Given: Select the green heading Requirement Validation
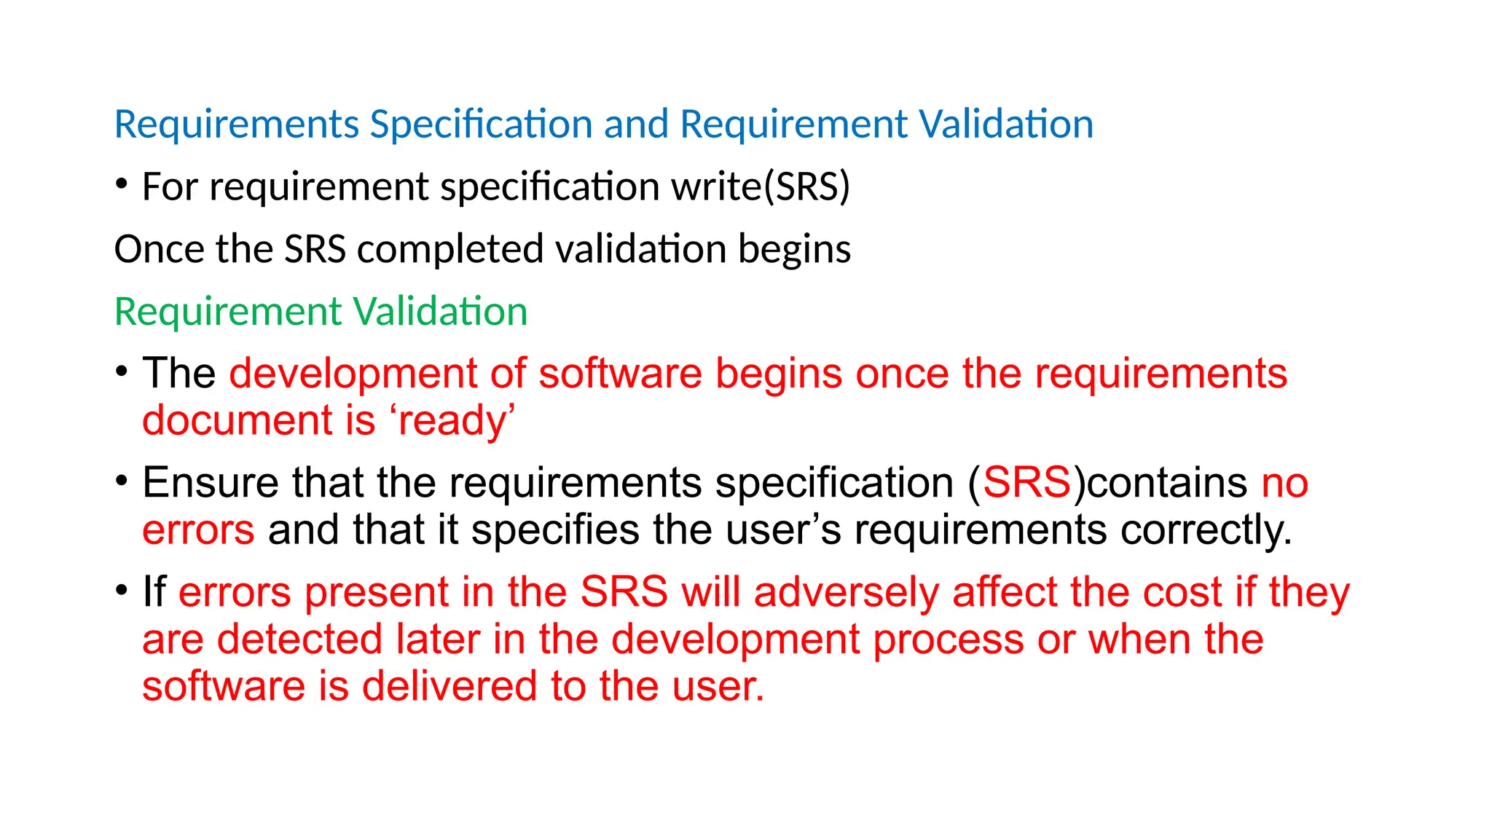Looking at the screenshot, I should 321,312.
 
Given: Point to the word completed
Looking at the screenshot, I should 450,251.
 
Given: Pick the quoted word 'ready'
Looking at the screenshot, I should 452,421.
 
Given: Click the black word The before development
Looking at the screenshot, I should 178,374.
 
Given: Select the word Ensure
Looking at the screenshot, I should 211,483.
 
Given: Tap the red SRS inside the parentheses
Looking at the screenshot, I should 1026,483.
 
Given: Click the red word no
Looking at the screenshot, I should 1284,484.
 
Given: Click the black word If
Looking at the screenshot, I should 154,591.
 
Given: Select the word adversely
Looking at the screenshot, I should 847,593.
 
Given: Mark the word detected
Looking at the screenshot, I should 299,639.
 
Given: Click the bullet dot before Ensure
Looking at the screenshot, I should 122,481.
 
